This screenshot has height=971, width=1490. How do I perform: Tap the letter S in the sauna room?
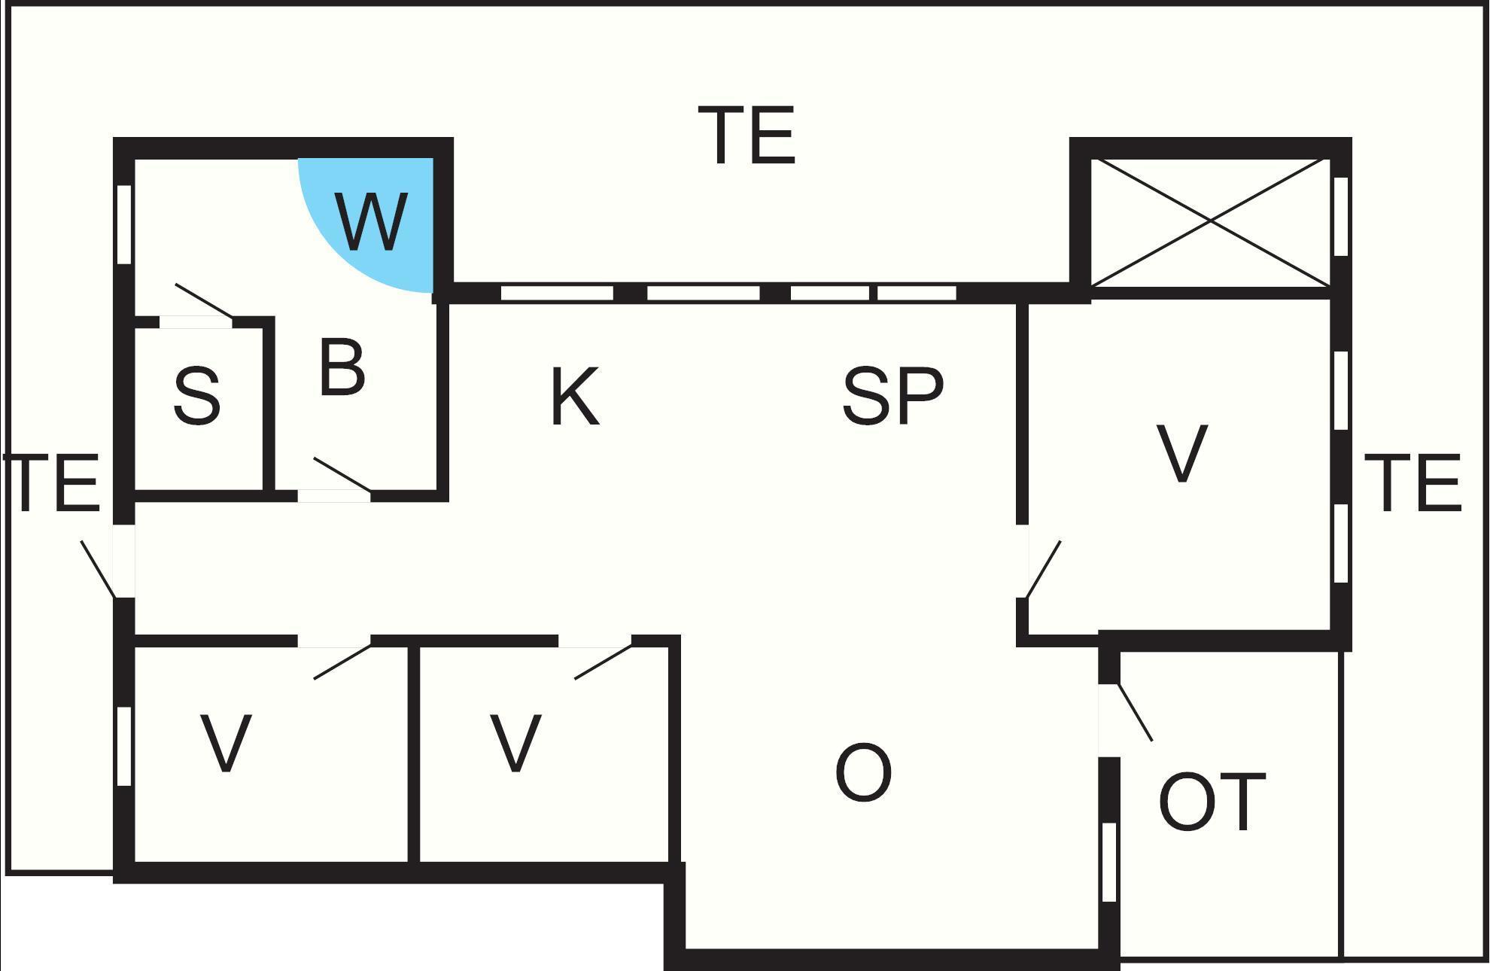tap(197, 397)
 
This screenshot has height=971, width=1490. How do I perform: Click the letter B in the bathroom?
tap(342, 368)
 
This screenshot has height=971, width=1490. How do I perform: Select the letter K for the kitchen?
tap(575, 397)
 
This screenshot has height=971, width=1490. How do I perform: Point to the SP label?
tap(892, 395)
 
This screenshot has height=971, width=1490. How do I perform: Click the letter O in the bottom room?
tap(863, 773)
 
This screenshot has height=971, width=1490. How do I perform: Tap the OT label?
tap(1212, 802)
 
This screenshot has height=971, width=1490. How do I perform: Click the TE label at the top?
tap(747, 135)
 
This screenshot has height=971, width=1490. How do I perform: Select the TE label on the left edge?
tap(53, 484)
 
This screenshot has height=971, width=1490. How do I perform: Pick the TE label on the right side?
tap(1412, 484)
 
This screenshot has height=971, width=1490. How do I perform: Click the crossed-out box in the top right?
tap(1210, 221)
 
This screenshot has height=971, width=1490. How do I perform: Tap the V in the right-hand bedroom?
tap(1181, 454)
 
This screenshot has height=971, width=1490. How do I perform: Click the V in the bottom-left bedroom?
tap(226, 744)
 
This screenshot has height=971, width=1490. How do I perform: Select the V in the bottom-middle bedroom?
tap(515, 744)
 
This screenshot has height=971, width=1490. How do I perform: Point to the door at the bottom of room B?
tap(340, 476)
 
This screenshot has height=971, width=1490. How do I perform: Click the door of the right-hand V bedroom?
tap(1043, 569)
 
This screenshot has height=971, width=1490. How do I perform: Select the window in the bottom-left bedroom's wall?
tap(125, 747)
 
